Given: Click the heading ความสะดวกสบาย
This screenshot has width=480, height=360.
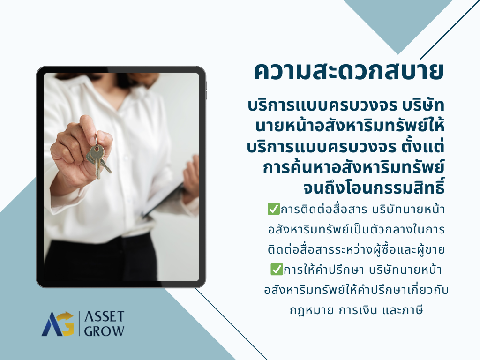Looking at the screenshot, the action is coord(349,72).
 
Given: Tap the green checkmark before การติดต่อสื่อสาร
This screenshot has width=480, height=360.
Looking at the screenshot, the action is coord(273,209).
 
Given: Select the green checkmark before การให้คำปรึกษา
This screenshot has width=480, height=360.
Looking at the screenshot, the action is coord(277,269).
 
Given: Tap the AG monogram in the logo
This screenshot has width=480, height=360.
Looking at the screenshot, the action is coord(58,323).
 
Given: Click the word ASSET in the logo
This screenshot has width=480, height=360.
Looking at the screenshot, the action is coord(105,316).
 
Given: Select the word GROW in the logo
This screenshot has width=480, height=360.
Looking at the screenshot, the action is coord(105,331).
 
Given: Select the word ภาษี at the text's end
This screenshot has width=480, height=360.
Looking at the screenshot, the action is coord(413,310).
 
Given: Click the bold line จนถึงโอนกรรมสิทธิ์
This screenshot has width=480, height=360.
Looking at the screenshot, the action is coord(374,187).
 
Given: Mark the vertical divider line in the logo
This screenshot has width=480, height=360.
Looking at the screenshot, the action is coord(79,323).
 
